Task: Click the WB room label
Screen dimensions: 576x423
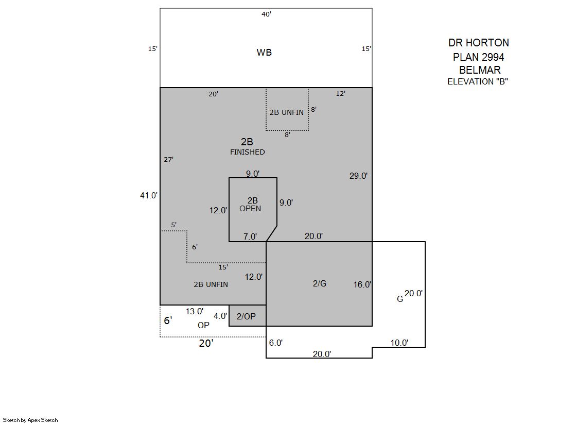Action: pyautogui.click(x=264, y=52)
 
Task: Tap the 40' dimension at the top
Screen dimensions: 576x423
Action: pyautogui.click(x=266, y=14)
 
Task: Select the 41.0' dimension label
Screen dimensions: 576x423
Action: pyautogui.click(x=148, y=195)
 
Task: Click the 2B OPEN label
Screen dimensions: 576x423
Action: pyautogui.click(x=251, y=205)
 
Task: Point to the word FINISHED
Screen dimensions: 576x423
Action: pyautogui.click(x=247, y=152)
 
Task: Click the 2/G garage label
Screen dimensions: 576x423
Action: pyautogui.click(x=320, y=283)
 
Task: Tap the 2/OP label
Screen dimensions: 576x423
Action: pyautogui.click(x=246, y=316)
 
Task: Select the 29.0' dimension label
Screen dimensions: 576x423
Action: pyautogui.click(x=359, y=176)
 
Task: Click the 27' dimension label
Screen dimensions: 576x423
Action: pyautogui.click(x=169, y=159)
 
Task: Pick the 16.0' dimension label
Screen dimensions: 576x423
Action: pyautogui.click(x=362, y=284)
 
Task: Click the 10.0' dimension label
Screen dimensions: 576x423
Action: pyautogui.click(x=399, y=343)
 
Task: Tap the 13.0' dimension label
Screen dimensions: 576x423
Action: pyautogui.click(x=195, y=311)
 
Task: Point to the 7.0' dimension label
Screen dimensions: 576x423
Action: pyautogui.click(x=250, y=236)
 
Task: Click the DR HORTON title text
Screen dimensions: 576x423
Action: pyautogui.click(x=479, y=43)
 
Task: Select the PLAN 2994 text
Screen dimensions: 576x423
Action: pyautogui.click(x=479, y=57)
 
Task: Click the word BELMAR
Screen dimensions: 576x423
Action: pyautogui.click(x=480, y=70)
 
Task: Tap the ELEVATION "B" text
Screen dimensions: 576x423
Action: pyautogui.click(x=478, y=81)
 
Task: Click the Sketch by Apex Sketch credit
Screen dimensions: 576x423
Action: pyautogui.click(x=30, y=420)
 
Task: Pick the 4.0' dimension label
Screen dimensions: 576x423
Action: pyautogui.click(x=220, y=316)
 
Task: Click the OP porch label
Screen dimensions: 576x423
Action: pyautogui.click(x=203, y=325)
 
